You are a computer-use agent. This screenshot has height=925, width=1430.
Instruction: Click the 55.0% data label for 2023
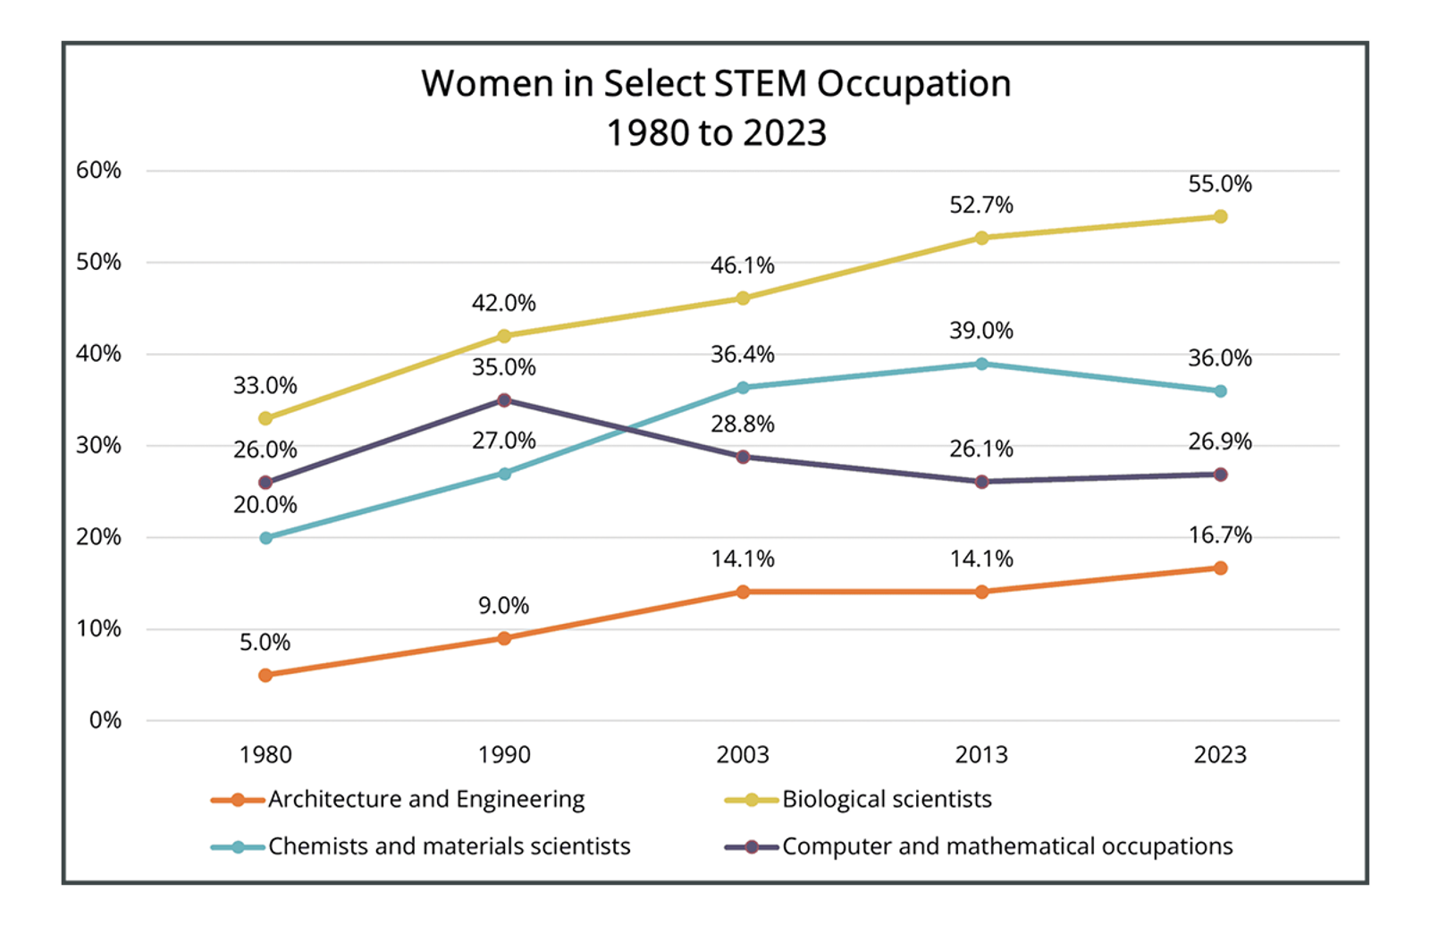coord(1219,184)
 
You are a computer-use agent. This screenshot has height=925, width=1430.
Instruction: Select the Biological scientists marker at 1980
coord(265,418)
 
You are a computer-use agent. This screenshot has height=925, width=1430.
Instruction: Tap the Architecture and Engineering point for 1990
coord(504,638)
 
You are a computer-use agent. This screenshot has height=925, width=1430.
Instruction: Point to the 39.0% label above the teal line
coord(981,331)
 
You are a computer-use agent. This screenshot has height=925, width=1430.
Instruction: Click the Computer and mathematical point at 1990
coord(504,399)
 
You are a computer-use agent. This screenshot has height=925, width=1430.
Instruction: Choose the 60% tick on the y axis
coord(98,170)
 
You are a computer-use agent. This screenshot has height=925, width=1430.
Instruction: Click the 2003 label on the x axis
coord(743,754)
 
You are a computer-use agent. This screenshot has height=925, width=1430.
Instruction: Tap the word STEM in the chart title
coord(760,84)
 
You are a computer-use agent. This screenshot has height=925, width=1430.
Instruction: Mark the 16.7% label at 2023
coord(1219,535)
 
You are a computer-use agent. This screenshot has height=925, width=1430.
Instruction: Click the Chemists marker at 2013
coord(981,364)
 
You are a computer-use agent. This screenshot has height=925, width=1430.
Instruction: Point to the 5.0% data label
coord(265,643)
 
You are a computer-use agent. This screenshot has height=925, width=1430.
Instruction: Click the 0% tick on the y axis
coord(105,720)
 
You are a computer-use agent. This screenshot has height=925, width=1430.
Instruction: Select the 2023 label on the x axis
coord(1220,754)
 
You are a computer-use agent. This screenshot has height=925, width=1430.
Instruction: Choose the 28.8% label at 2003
coord(743,425)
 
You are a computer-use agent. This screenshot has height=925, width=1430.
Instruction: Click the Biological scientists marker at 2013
coord(981,238)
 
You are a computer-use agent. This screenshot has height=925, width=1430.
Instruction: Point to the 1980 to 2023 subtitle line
coord(716,133)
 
